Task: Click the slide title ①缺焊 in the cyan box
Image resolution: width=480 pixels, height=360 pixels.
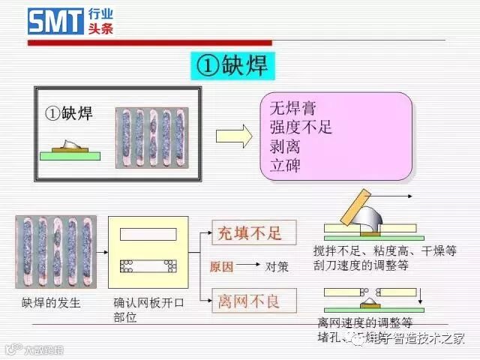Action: (x=232, y=65)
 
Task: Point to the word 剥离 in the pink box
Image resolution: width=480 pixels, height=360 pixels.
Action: (x=285, y=147)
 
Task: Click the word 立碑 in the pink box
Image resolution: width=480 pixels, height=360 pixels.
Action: (x=285, y=165)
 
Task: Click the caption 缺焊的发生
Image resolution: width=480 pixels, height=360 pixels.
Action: (x=51, y=303)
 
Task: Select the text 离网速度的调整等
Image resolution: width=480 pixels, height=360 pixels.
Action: (x=364, y=324)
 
